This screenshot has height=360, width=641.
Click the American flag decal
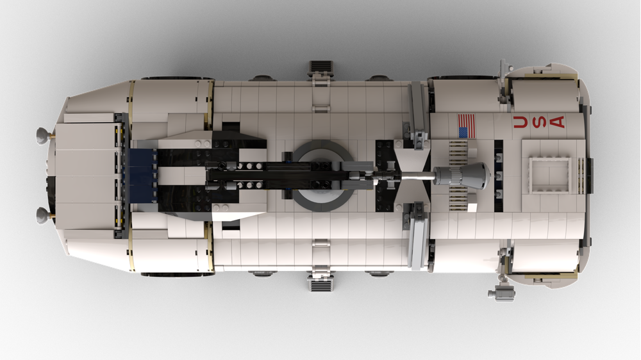466,126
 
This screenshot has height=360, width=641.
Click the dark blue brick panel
142,174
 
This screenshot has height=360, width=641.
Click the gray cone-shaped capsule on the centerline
463,174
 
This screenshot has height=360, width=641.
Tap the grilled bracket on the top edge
320,67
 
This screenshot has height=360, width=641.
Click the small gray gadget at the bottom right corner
503,293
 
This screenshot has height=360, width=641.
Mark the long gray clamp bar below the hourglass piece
417,233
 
